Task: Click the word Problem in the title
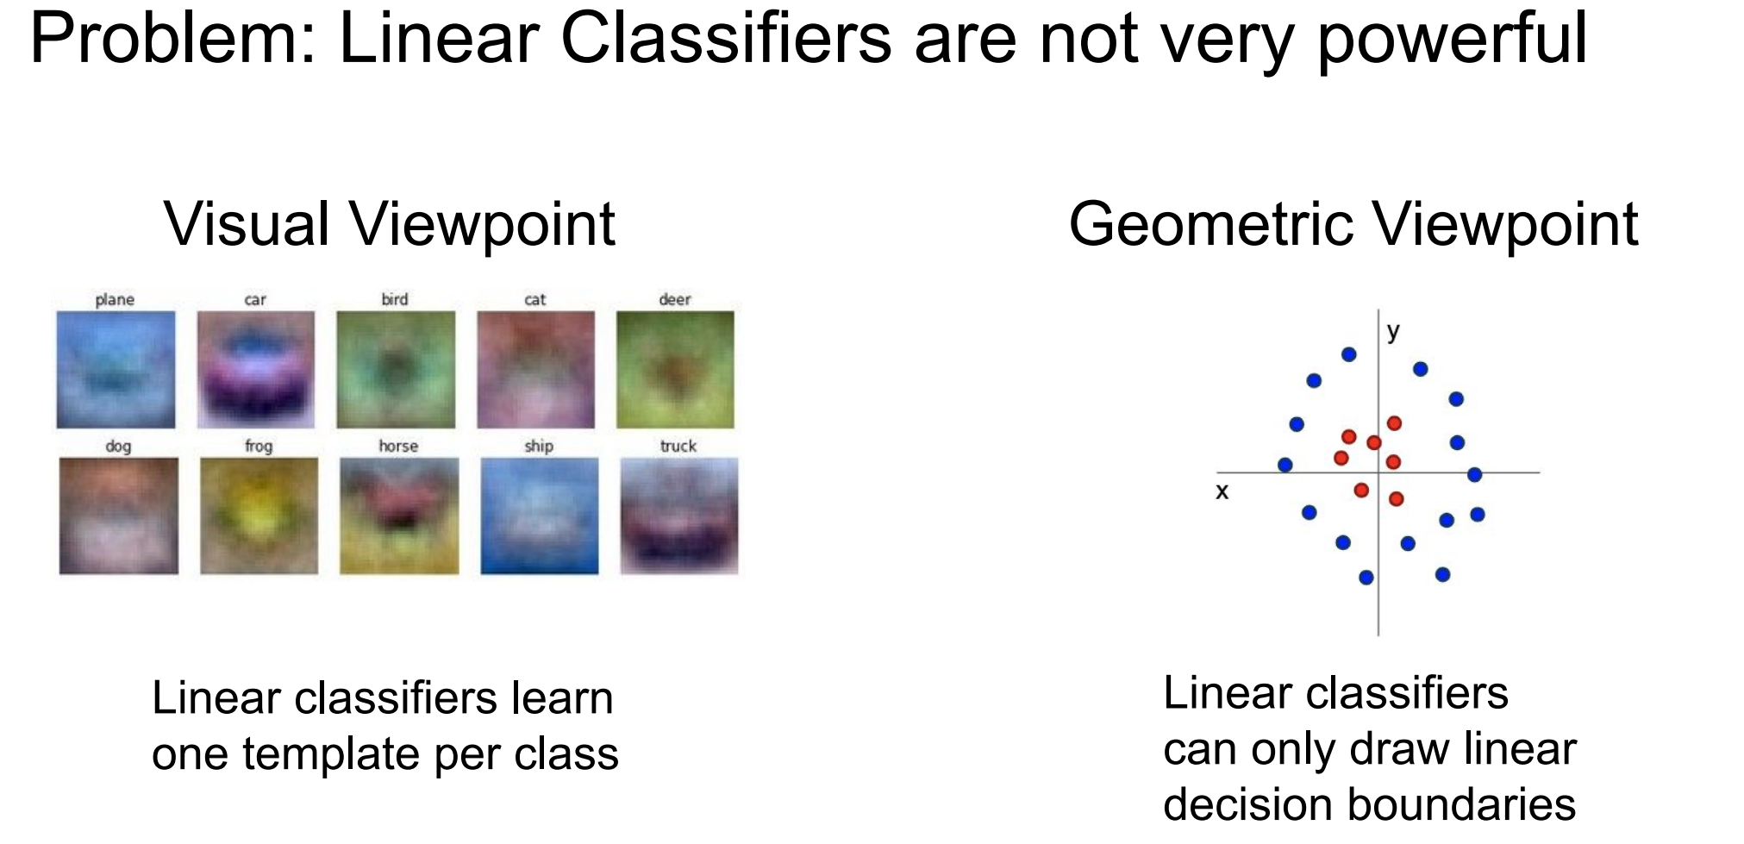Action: click(173, 38)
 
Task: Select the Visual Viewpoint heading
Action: click(390, 223)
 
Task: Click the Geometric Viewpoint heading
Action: click(1353, 223)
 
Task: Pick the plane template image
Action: click(116, 370)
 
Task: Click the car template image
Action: click(255, 370)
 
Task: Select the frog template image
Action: click(259, 516)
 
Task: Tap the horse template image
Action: click(399, 516)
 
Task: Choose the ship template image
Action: click(539, 516)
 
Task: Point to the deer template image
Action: click(675, 370)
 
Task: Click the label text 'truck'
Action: click(678, 446)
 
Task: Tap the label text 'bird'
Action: click(395, 299)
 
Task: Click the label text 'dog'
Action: click(118, 447)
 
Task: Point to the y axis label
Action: click(1393, 332)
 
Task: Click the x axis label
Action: click(1222, 492)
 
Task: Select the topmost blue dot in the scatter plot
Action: click(1349, 354)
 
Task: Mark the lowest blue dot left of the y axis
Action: click(1366, 578)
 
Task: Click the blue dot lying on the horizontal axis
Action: click(1474, 474)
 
